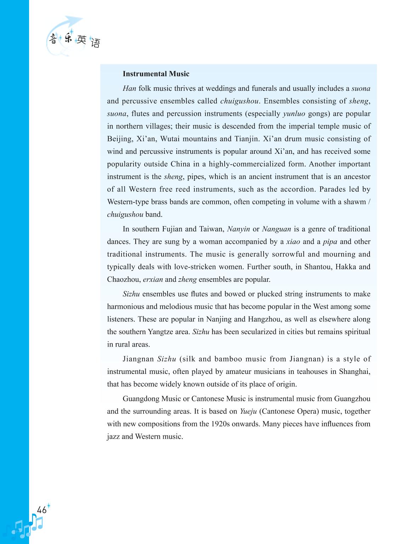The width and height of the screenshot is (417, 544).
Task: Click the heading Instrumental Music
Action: point(156,74)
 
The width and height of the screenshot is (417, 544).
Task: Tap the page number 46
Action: point(42,510)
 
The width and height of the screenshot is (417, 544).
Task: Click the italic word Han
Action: point(129,89)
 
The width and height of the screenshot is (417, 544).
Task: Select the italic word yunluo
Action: point(294,114)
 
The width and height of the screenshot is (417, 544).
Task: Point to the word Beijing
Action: point(119,139)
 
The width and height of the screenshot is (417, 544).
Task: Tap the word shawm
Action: point(356,202)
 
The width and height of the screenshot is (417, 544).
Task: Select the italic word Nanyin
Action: point(238,229)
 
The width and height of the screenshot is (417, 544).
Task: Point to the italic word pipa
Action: point(330,242)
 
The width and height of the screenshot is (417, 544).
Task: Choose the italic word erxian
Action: point(153,279)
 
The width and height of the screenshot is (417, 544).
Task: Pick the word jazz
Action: point(113,437)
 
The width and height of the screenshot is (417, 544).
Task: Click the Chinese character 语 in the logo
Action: point(95,43)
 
